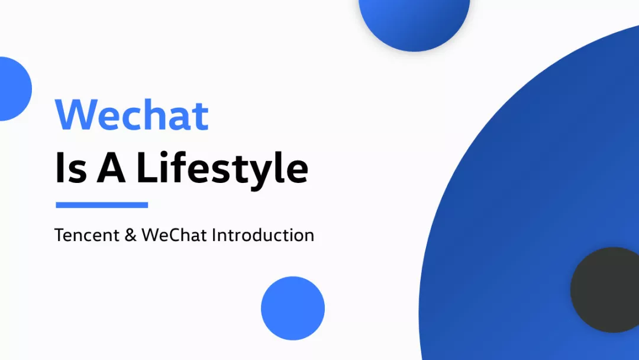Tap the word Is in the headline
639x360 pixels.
[x=71, y=167]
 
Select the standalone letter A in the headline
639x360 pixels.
[x=111, y=167]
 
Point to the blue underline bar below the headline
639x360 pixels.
[x=102, y=205]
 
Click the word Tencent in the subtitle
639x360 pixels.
[x=87, y=235]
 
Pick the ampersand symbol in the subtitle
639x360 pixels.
[x=130, y=235]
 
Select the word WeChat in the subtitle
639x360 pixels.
[x=174, y=235]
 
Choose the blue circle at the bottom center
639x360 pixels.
[x=293, y=308]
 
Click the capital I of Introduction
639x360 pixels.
[x=214, y=235]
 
